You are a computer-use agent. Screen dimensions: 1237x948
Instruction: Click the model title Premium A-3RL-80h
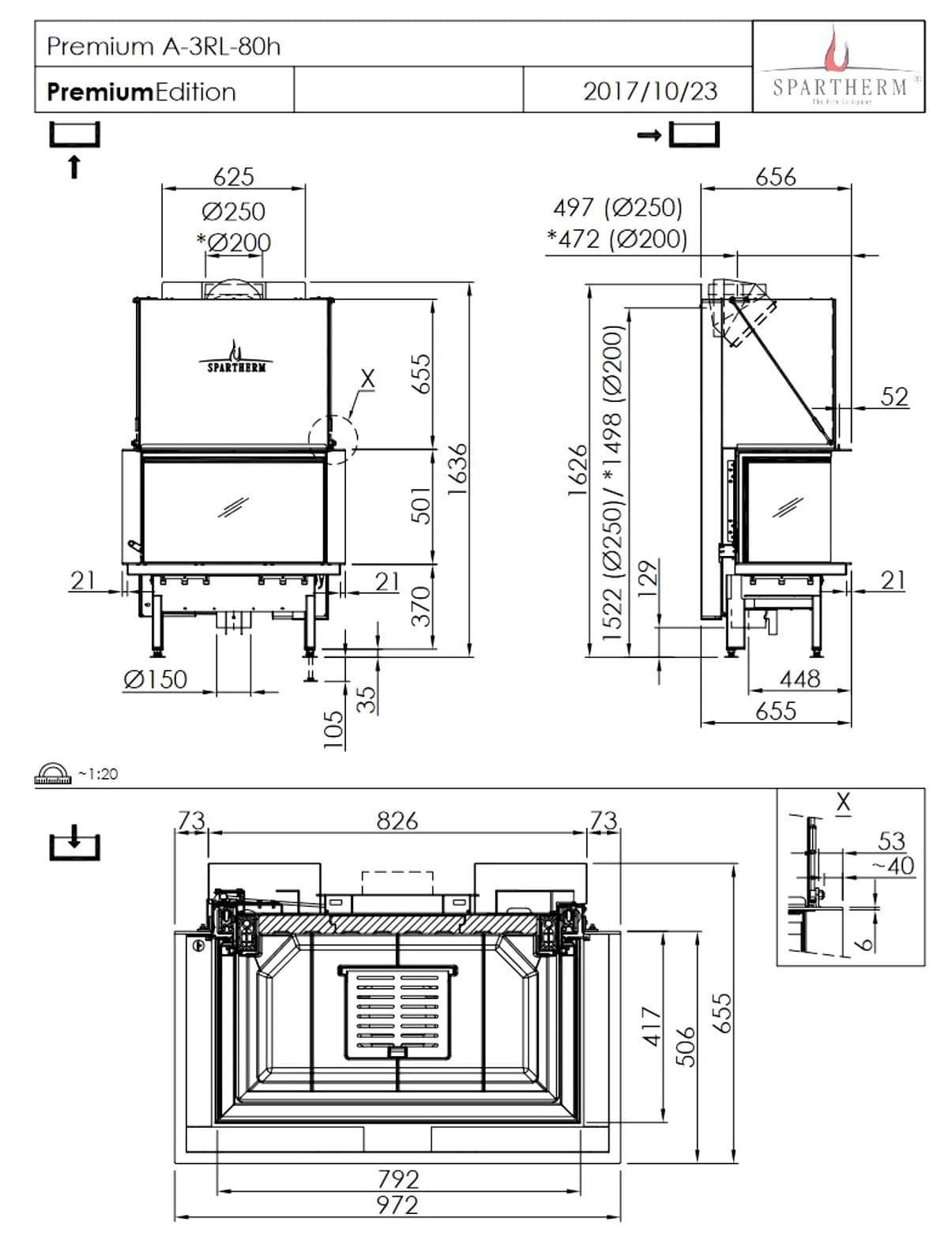[x=164, y=47]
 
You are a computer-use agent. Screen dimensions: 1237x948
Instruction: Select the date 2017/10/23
[x=649, y=91]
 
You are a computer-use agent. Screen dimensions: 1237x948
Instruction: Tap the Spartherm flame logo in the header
[x=837, y=51]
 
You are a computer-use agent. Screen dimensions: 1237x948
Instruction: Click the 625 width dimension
[x=233, y=176]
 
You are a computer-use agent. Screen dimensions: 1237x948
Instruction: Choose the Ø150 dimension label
[x=156, y=679]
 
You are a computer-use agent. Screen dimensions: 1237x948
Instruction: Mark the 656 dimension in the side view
[x=775, y=176]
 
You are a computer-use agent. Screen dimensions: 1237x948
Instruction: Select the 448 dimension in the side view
[x=799, y=678]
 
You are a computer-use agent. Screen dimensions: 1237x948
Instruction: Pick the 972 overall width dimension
[x=397, y=1205]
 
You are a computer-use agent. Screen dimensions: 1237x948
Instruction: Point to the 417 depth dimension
[x=651, y=1027]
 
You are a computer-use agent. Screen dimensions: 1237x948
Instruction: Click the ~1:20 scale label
[x=97, y=774]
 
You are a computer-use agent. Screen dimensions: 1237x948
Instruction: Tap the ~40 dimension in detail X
[x=893, y=866]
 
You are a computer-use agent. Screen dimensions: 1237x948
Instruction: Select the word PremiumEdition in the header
[x=141, y=92]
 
